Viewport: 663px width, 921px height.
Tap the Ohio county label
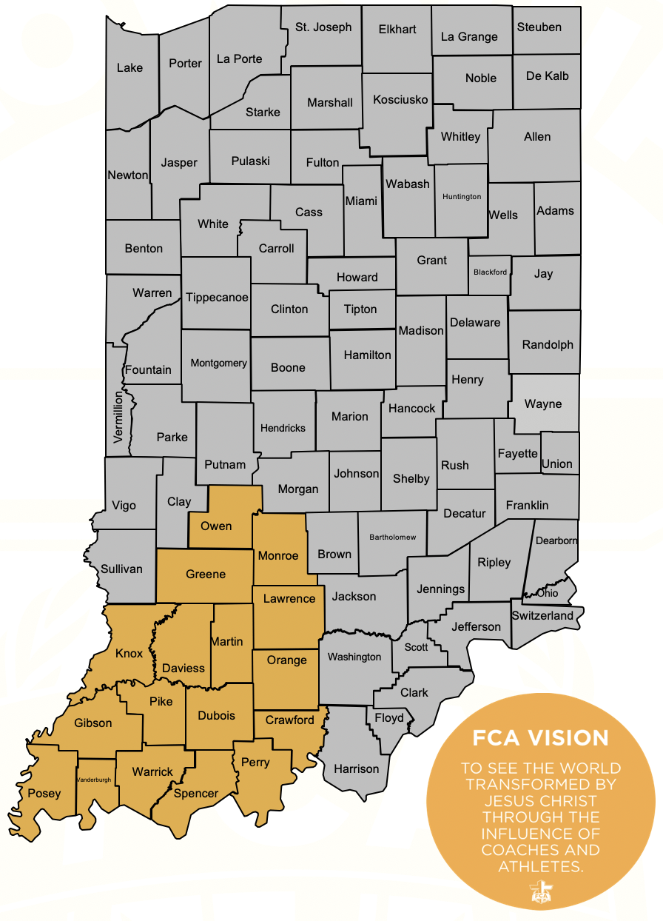[x=548, y=593]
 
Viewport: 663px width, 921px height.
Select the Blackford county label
[x=490, y=272]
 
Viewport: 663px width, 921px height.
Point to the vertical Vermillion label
[x=118, y=418]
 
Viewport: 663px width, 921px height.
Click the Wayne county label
[x=543, y=404]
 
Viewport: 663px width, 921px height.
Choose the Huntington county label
[x=462, y=196]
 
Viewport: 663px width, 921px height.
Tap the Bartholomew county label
[x=393, y=537]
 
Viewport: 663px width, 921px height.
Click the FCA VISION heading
[x=541, y=737]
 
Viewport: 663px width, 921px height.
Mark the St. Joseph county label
[x=323, y=27]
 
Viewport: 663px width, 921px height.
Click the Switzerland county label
[x=542, y=615]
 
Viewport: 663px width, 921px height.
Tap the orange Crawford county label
[x=289, y=720]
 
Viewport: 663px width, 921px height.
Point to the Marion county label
[x=349, y=416]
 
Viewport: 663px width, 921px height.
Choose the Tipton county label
[x=360, y=309]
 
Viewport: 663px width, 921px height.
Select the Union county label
[x=556, y=463]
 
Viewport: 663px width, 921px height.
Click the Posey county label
[x=44, y=793]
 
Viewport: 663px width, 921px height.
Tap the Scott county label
[x=416, y=646]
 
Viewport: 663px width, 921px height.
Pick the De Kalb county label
[x=547, y=76]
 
